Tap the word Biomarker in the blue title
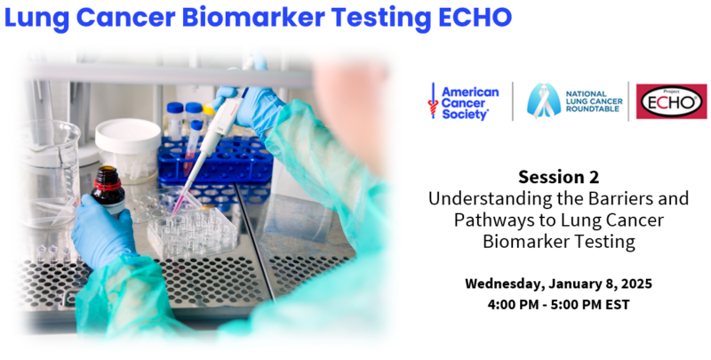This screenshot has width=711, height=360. (253, 17)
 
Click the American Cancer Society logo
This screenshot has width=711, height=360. (463, 102)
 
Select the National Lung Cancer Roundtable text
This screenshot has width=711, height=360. (594, 101)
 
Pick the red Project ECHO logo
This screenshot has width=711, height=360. (671, 101)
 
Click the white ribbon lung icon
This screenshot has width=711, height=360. (544, 100)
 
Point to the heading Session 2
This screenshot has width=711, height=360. (559, 177)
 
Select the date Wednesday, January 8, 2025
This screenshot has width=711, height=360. (559, 284)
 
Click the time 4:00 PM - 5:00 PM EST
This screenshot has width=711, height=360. (559, 305)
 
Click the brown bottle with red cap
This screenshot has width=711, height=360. (108, 189)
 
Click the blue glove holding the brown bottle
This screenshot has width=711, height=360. (102, 231)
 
